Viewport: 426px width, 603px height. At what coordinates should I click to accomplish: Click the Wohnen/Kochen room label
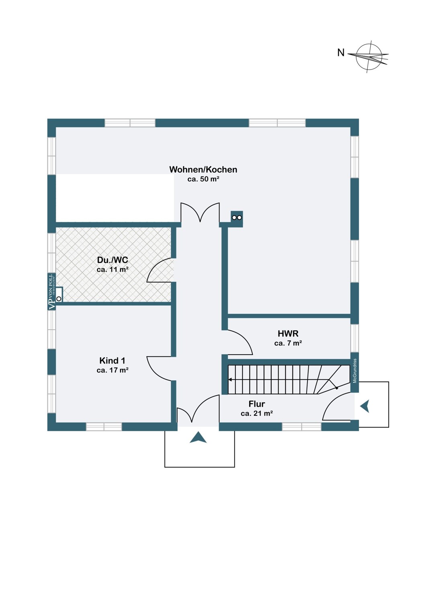pos(203,170)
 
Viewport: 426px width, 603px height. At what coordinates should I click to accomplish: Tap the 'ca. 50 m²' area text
pos(203,179)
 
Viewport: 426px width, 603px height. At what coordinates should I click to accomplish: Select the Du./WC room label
pos(113,260)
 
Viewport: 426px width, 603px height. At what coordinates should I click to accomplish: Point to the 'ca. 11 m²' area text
pos(113,270)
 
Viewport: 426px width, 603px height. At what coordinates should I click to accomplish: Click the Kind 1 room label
pos(113,361)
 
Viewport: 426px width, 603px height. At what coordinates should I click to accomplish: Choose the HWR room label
pos(288,334)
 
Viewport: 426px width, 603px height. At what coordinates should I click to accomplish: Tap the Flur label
pos(257,404)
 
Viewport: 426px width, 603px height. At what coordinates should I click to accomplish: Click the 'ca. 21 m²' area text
pos(257,413)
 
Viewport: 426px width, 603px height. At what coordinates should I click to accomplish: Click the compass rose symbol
pos(369,56)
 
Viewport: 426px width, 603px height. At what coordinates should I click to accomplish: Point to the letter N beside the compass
pos(341,53)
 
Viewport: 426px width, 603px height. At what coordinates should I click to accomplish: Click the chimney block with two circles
pos(237,218)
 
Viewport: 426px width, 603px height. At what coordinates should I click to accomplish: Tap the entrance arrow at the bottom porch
pos(198,438)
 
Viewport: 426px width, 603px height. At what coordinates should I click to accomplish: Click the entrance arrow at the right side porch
pos(365,406)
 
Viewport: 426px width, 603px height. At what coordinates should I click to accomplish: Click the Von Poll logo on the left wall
pos(51,291)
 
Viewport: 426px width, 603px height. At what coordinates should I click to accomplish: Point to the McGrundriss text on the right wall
pos(355,371)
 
